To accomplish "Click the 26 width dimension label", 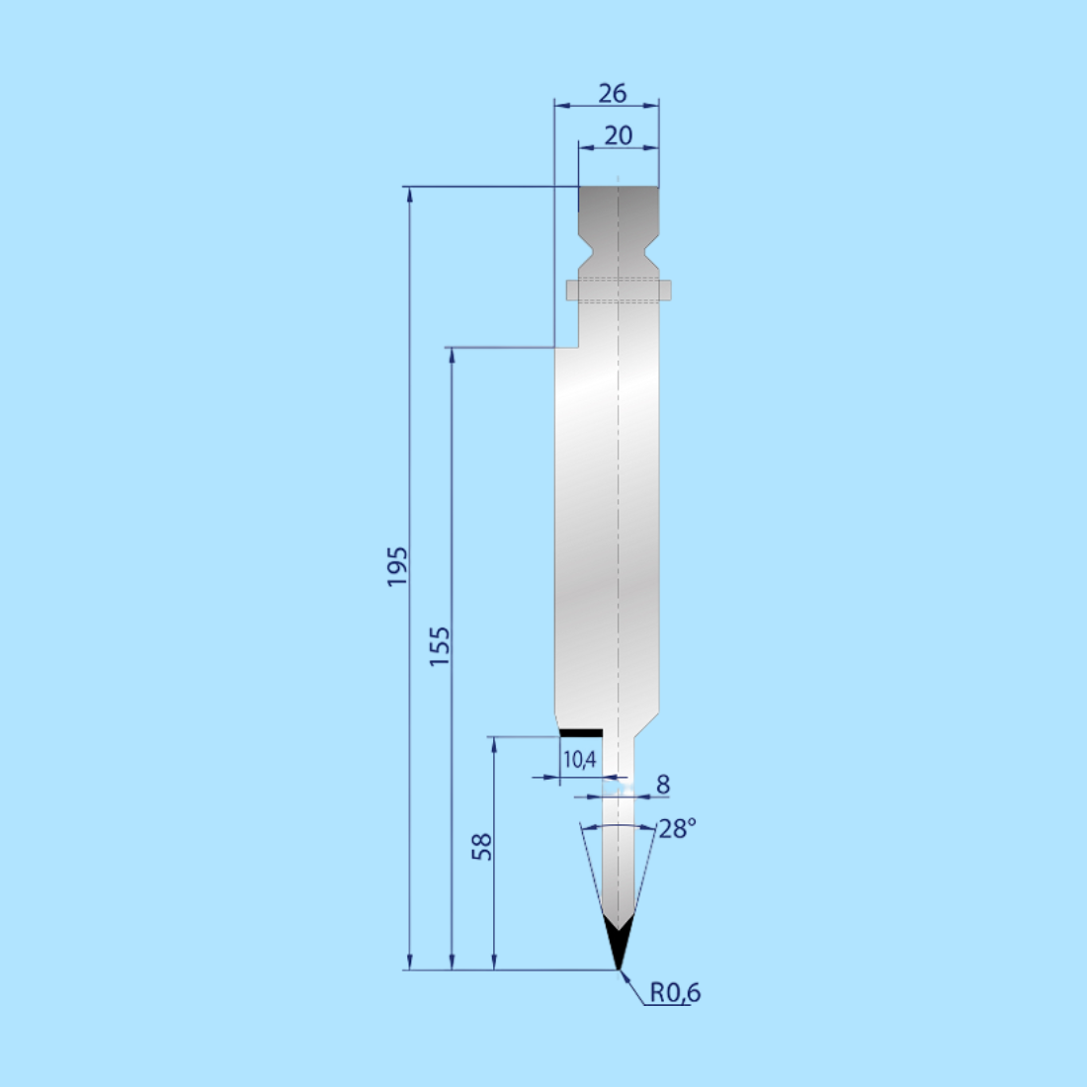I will point(613,93).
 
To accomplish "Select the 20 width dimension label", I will point(618,135).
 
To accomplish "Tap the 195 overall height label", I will point(397,566).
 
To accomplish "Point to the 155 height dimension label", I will point(440,645).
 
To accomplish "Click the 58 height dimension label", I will point(481,847).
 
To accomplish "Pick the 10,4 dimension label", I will point(579,760).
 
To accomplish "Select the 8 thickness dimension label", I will point(663,784).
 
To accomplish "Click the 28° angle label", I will point(677,828).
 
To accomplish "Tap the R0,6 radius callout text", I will point(675,992).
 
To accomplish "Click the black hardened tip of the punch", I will point(617,944).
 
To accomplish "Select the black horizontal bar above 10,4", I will point(580,732).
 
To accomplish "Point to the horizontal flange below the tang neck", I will point(619,290).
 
